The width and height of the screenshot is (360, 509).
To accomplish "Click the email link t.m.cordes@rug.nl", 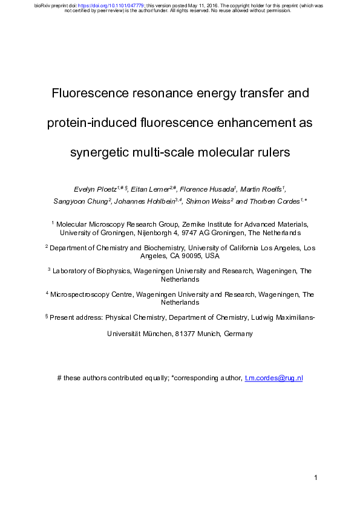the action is click(x=273, y=378).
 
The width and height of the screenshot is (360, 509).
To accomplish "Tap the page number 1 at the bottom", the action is click(x=316, y=478).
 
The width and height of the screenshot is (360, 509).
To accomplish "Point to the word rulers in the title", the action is click(x=272, y=152).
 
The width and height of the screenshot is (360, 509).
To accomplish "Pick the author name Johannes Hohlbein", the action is click(x=144, y=201).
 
